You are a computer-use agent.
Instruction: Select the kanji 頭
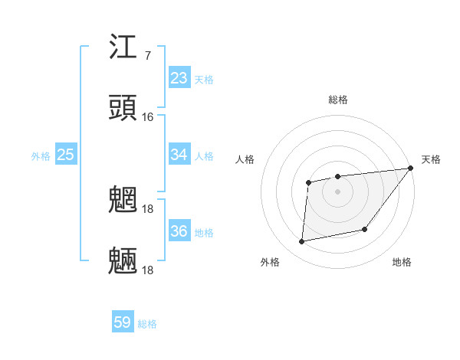tap(123, 108)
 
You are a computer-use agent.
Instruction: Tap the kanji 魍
tap(123, 201)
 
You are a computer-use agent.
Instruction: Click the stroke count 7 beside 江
tap(147, 56)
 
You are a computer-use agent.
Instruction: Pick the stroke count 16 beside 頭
tap(147, 117)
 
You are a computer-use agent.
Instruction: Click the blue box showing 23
tap(179, 78)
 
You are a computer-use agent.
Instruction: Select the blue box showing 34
tap(179, 155)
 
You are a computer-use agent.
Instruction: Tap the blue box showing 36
tap(179, 231)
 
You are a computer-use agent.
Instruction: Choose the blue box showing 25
tap(65, 155)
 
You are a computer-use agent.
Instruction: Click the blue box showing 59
tap(123, 322)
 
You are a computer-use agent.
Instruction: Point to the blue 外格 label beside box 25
tap(41, 156)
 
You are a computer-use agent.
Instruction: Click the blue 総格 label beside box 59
tap(147, 324)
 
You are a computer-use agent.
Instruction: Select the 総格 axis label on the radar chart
tap(338, 100)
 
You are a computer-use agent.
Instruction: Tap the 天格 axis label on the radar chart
tap(431, 159)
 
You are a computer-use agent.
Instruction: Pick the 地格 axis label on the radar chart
tap(402, 262)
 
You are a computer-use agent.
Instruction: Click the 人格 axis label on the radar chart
tap(245, 159)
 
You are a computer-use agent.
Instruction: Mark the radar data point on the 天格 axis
tap(412, 168)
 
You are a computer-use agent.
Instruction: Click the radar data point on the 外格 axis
tap(302, 242)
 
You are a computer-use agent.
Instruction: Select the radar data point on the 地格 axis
tap(365, 229)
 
